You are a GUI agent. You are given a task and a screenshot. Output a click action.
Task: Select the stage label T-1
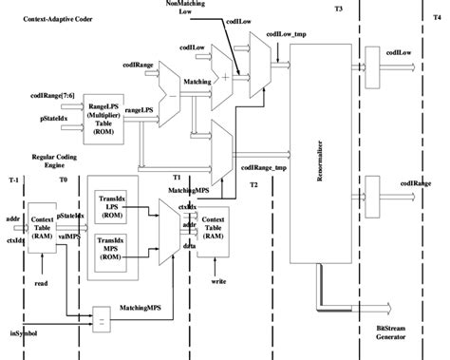point(11,179)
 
